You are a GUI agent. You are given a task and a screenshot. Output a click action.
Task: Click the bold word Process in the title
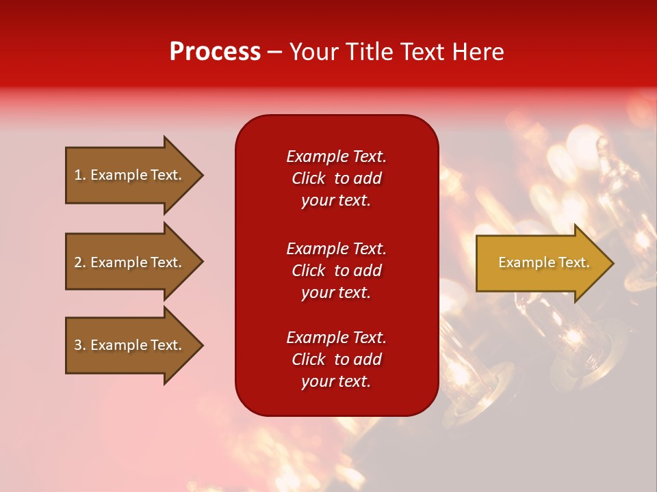click(215, 52)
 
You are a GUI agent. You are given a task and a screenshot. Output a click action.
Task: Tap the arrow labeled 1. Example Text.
click(128, 175)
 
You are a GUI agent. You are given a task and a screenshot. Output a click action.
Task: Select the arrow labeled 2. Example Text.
click(128, 262)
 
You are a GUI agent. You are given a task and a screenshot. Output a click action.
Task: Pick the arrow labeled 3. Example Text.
click(128, 345)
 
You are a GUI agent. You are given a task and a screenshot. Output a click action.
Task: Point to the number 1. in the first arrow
click(80, 175)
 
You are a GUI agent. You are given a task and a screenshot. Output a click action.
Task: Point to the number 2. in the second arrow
click(80, 262)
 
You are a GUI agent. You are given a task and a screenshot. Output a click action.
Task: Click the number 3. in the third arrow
click(80, 345)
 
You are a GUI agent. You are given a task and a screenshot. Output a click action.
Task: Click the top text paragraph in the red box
click(336, 178)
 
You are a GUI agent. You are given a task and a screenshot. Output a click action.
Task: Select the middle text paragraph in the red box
click(336, 271)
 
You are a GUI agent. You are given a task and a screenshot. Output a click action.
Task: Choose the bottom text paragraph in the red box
click(336, 359)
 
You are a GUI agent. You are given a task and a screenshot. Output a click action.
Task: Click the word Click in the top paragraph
click(308, 178)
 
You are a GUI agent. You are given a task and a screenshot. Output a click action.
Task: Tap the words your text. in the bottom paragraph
click(336, 381)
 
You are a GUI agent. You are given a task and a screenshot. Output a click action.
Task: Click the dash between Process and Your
click(275, 52)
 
